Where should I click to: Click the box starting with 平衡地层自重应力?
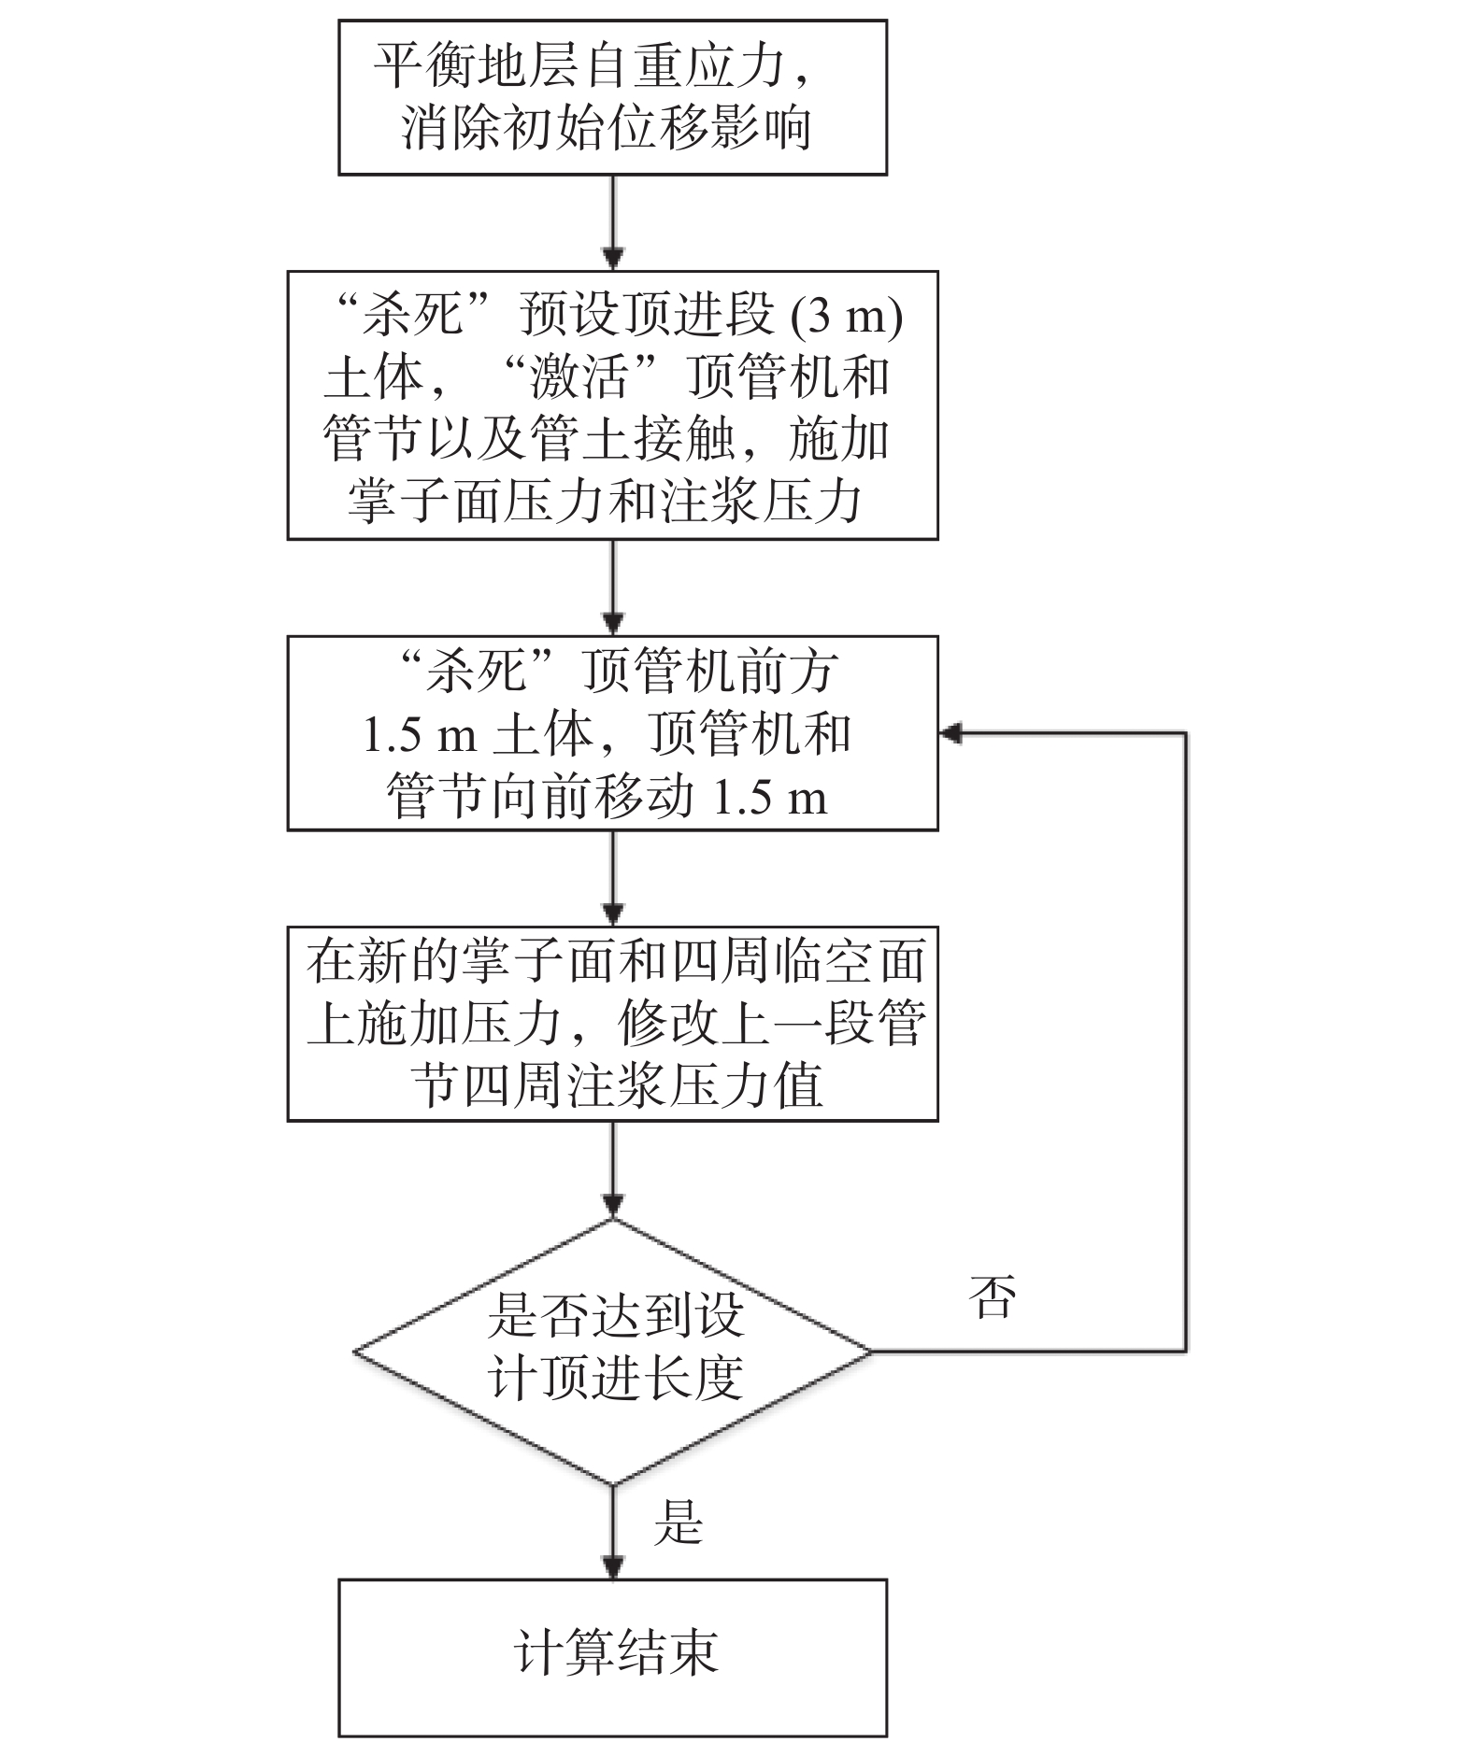pos(612,97)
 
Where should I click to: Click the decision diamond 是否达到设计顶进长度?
pos(612,1351)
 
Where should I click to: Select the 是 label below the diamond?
pos(678,1523)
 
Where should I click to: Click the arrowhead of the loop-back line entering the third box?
pos(950,733)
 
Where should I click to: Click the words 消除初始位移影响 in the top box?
pos(606,128)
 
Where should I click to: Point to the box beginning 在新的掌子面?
pos(612,1023)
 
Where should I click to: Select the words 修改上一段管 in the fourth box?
pos(771,1024)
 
